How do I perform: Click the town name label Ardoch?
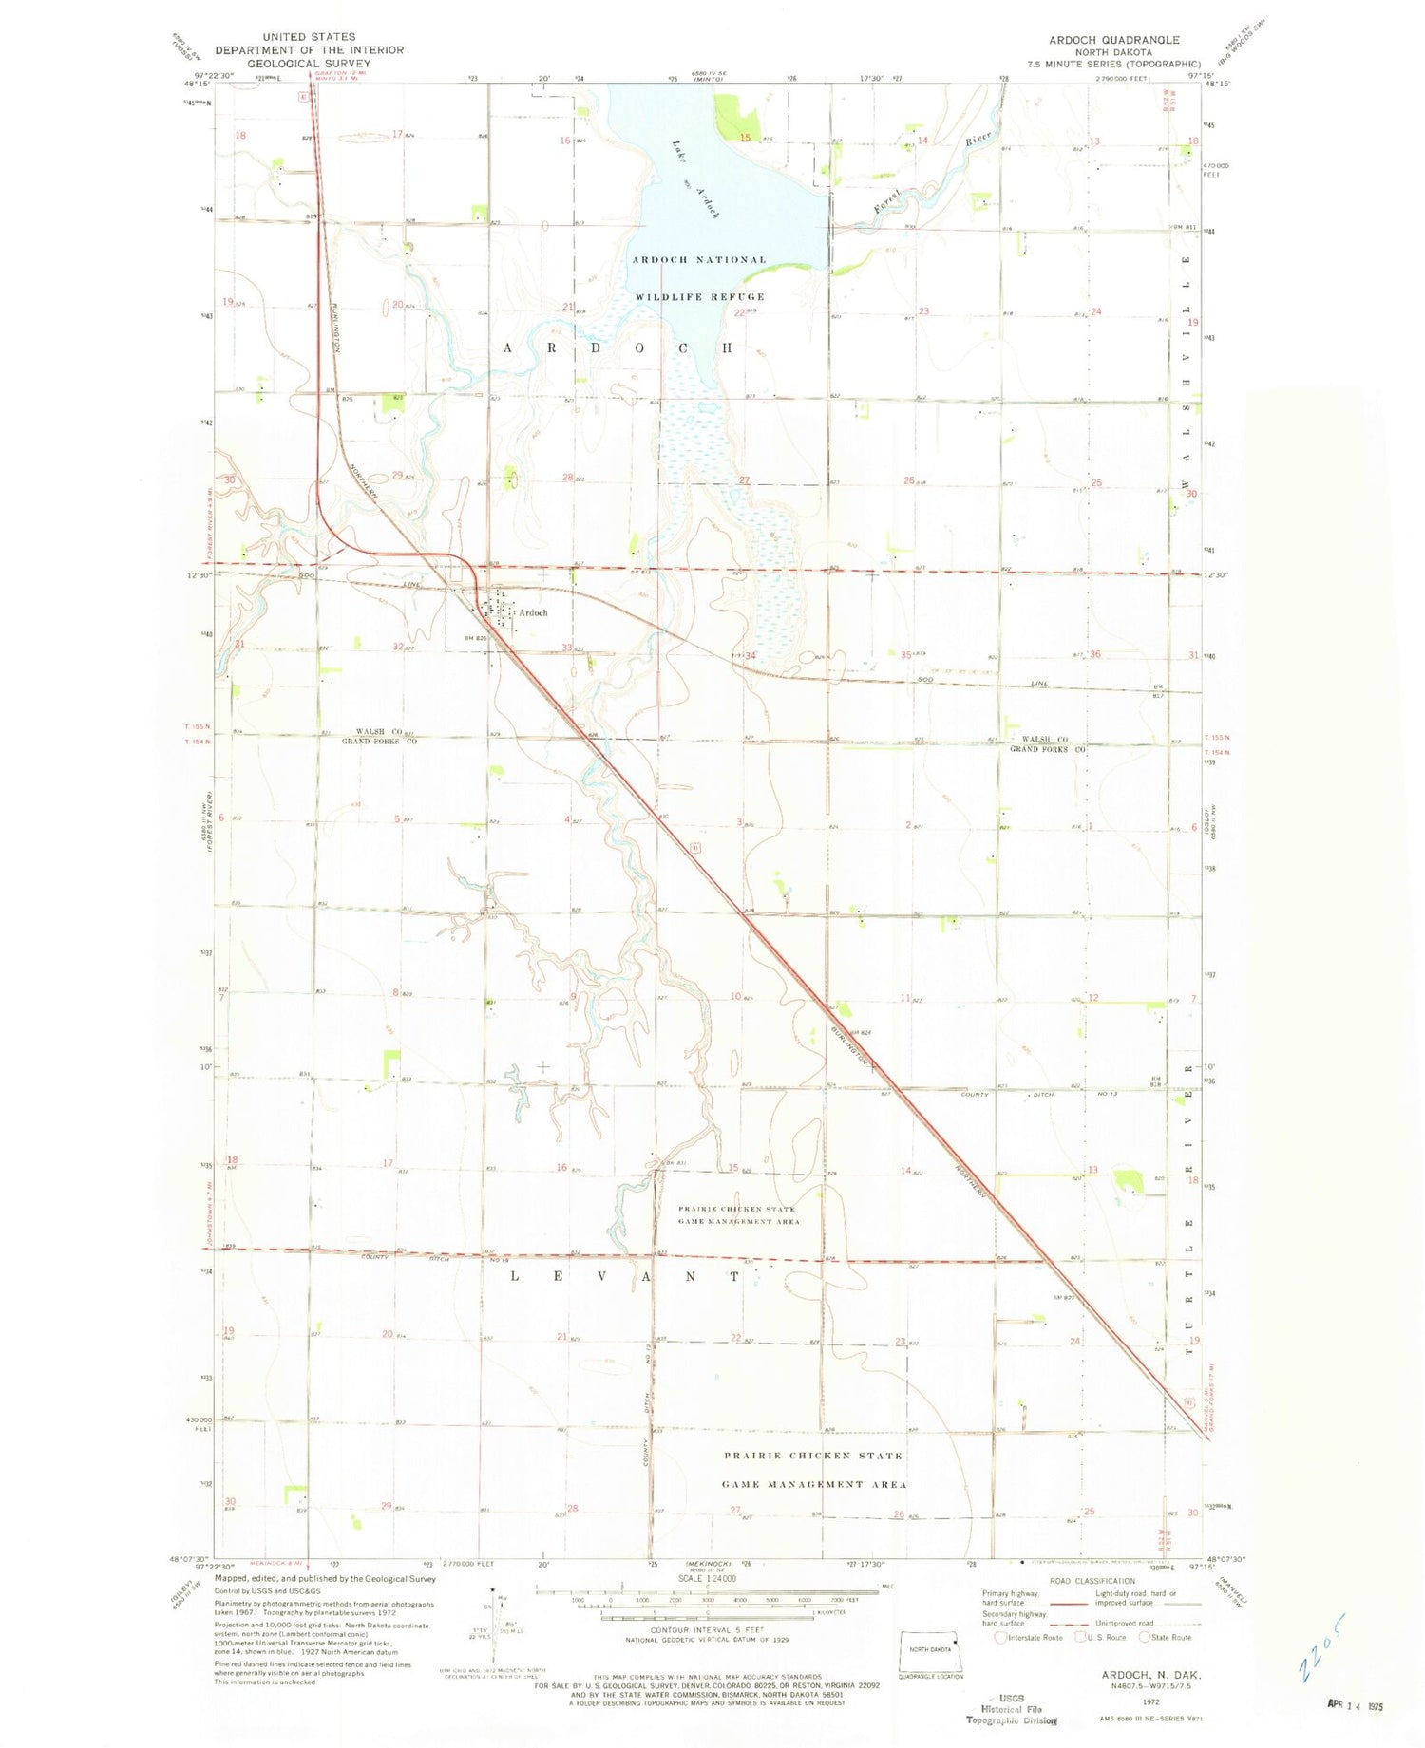coord(533,612)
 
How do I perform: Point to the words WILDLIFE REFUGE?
coord(699,297)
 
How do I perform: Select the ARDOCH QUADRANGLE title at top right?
coord(1113,40)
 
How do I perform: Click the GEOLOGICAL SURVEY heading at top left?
coord(309,64)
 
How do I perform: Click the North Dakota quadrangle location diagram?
coord(931,1652)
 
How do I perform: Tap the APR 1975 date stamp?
coord(1354,1705)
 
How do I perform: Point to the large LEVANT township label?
coord(624,1276)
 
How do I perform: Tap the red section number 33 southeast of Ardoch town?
coord(567,648)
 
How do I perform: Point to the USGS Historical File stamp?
coord(1012,1709)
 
